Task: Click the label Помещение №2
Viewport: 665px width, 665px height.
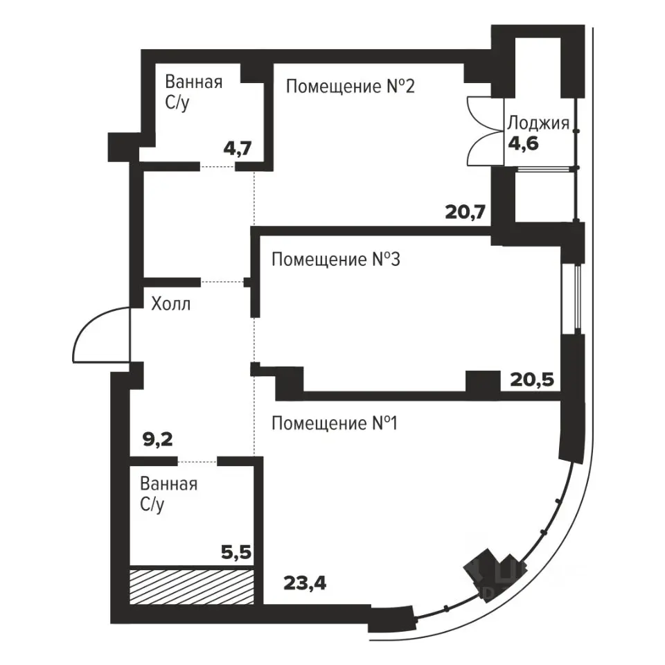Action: coord(351,87)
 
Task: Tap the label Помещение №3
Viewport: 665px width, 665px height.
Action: coord(335,259)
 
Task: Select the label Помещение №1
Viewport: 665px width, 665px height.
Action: coord(334,423)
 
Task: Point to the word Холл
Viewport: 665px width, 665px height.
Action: coord(171,304)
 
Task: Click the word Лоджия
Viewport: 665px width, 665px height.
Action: coord(538,123)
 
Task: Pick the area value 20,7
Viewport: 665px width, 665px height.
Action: coord(465,211)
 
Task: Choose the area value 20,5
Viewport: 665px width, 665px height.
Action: coord(532,380)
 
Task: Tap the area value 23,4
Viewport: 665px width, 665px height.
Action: coord(305,583)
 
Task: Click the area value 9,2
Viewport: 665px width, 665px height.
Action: coord(158,440)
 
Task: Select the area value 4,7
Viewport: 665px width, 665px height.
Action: coord(238,149)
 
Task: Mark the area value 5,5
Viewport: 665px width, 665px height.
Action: coord(236,553)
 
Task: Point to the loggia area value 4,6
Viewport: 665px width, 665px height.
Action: coord(524,144)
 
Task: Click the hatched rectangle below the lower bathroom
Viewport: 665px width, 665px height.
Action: coord(192,587)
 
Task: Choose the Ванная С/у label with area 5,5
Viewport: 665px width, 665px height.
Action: coord(169,494)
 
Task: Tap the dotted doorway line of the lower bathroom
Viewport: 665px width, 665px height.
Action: coord(197,461)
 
